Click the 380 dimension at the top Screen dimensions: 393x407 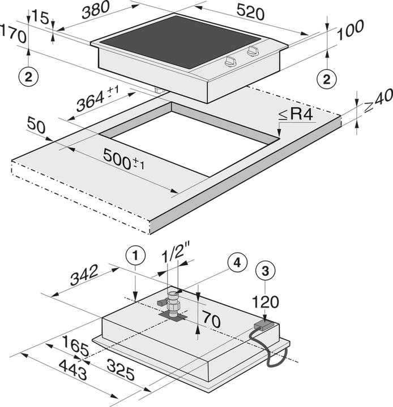96,11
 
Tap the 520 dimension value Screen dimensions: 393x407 250,12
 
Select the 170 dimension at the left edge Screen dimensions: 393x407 13,34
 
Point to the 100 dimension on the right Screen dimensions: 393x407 351,30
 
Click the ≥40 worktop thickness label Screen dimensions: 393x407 378,100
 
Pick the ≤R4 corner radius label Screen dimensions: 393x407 296,114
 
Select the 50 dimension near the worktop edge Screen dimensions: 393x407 36,125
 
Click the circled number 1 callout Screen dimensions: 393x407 135,256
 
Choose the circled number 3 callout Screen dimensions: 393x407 265,271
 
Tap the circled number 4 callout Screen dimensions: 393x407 237,263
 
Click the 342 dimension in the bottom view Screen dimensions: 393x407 84,275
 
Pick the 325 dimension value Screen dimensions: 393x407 121,369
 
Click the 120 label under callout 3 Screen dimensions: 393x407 266,302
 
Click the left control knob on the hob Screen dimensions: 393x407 231,61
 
